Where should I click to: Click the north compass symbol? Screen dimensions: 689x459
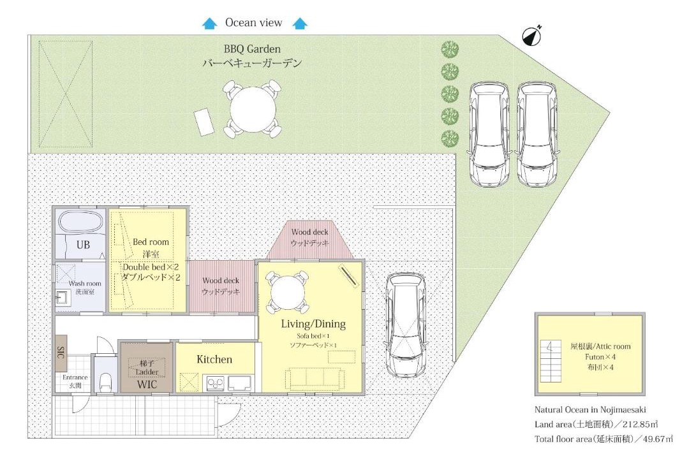coord(531,36)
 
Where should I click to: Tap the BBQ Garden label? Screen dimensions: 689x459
coord(252,49)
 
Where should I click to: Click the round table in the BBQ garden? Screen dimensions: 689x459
coord(253,109)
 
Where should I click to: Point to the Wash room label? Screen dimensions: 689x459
coord(85,283)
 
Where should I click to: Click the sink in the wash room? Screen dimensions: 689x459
coord(63,298)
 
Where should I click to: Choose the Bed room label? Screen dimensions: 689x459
coord(151,242)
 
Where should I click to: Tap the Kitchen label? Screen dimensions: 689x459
coord(214,360)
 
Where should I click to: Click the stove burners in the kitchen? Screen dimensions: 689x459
coord(215,383)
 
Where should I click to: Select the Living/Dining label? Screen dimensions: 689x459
coord(313,324)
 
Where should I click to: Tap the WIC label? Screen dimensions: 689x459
coord(147,385)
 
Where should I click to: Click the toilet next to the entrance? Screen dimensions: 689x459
coord(105,382)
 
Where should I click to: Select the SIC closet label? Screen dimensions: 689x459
coord(61,353)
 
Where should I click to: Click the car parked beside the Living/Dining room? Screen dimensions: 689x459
coord(405,325)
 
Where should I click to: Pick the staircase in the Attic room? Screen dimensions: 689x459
coord(550,361)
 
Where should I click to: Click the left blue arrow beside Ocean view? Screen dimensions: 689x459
coord(210,23)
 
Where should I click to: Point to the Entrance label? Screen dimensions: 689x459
coord(75,377)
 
